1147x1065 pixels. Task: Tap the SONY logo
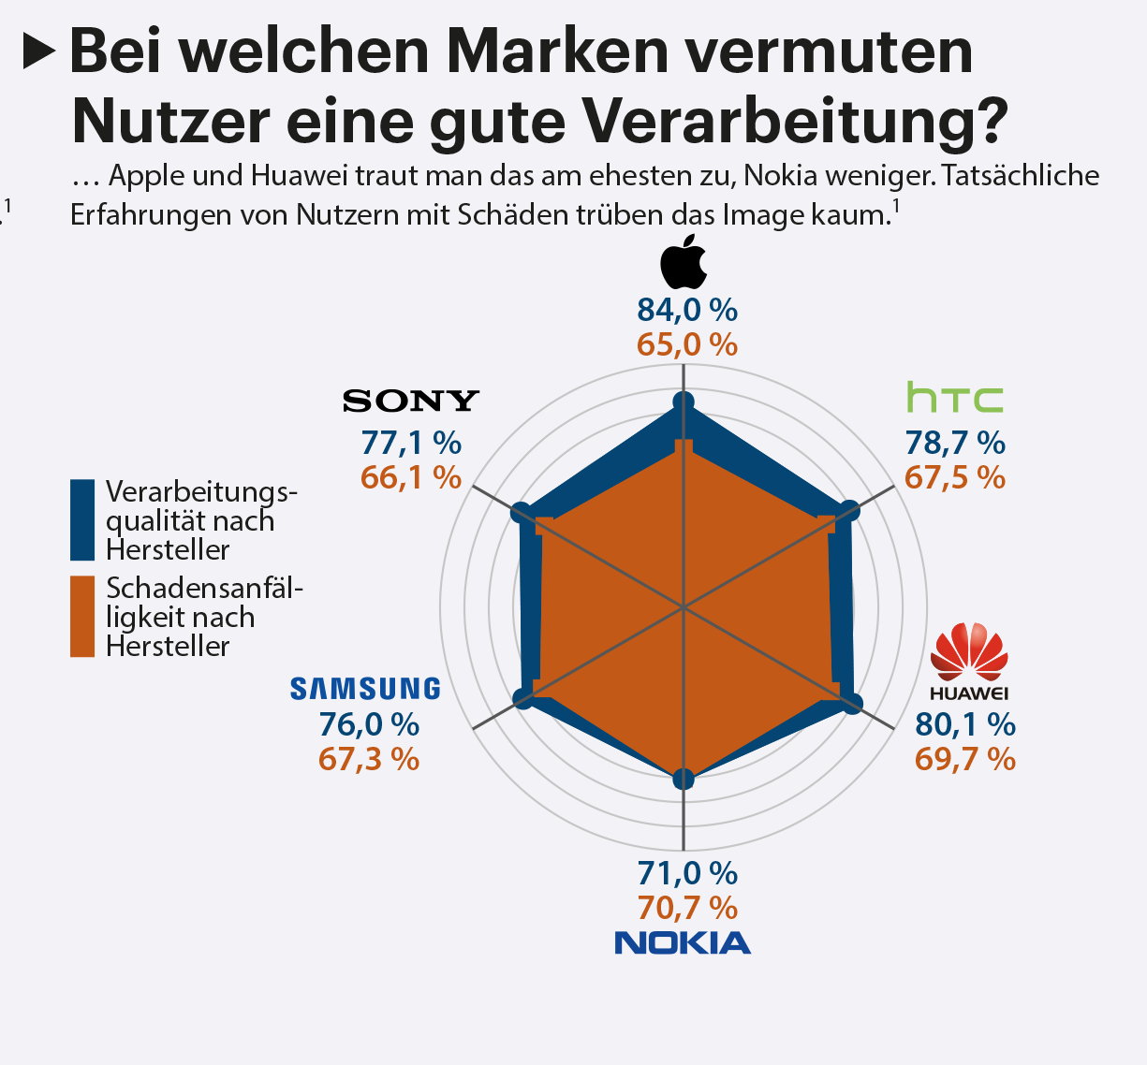[411, 401]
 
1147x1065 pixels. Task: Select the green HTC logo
[954, 398]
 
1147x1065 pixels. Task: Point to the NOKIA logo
[683, 942]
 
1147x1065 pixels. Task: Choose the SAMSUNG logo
[365, 689]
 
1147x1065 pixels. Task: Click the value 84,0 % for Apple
[687, 310]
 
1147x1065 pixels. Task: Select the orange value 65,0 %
[687, 344]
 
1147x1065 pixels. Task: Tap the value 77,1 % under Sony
[411, 442]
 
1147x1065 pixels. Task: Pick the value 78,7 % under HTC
[955, 442]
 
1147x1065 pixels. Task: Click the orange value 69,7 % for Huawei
[965, 759]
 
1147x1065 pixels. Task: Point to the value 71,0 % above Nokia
[687, 873]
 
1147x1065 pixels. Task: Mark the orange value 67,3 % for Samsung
[369, 759]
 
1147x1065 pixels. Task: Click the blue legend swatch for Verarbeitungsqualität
[82, 519]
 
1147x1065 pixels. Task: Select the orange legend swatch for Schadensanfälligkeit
[82, 616]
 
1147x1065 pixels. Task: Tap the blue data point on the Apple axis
[684, 402]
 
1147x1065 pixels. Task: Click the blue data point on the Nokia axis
[684, 779]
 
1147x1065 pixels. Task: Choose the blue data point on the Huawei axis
[852, 704]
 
